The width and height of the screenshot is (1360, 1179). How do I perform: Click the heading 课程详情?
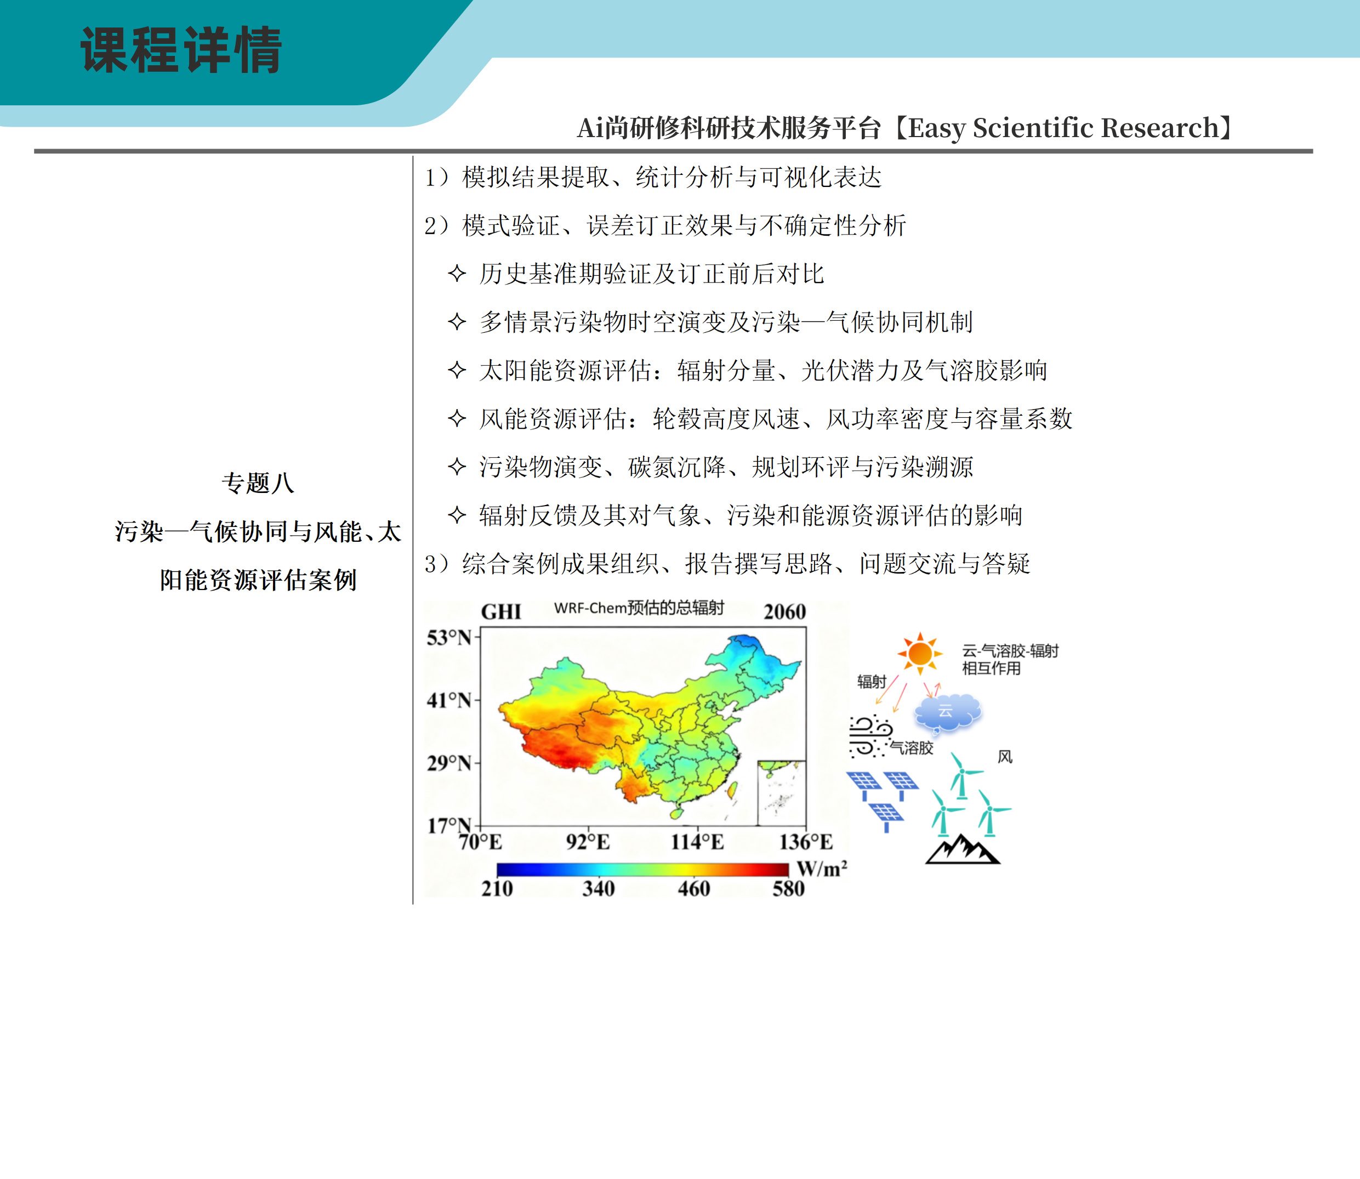pyautogui.click(x=181, y=50)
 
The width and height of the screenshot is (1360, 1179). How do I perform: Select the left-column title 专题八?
pyautogui.click(x=258, y=483)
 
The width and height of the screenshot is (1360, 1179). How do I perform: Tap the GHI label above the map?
pyautogui.click(x=501, y=612)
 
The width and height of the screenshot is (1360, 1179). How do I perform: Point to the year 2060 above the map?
pyautogui.click(x=784, y=612)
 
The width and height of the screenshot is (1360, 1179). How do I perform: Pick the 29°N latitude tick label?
pyautogui.click(x=449, y=763)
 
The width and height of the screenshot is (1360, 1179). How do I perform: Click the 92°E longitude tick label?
pyautogui.click(x=588, y=842)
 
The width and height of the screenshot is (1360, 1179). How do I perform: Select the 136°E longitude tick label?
pyautogui.click(x=806, y=842)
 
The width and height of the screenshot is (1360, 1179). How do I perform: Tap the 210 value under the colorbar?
pyautogui.click(x=497, y=888)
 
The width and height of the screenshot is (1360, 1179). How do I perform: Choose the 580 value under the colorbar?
pyautogui.click(x=788, y=888)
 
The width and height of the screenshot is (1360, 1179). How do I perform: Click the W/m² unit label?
pyautogui.click(x=822, y=869)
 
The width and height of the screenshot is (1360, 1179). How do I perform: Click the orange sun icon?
pyautogui.click(x=919, y=653)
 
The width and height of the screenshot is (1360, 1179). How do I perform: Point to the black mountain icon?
pyautogui.click(x=962, y=849)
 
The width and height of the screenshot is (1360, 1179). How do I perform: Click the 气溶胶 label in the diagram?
pyautogui.click(x=912, y=747)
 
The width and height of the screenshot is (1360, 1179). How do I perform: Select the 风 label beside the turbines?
pyautogui.click(x=1005, y=757)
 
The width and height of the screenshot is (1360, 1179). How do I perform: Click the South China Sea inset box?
pyautogui.click(x=781, y=793)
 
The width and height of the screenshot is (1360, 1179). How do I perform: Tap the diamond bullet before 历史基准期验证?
pyautogui.click(x=457, y=273)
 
